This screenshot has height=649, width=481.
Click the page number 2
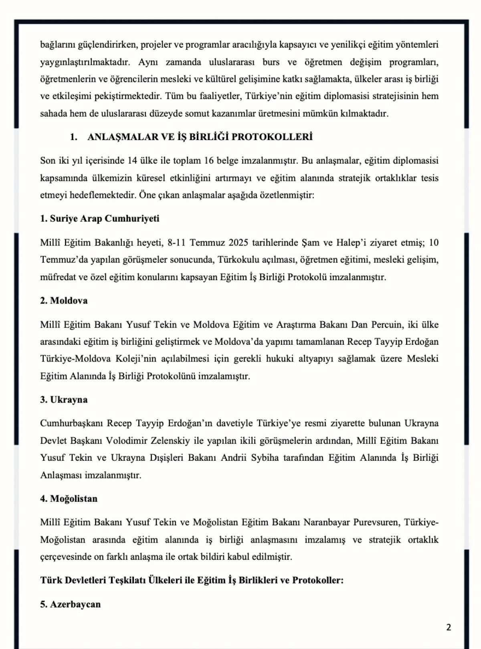[x=449, y=627]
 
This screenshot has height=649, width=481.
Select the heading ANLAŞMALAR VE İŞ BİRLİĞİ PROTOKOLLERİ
[x=200, y=137]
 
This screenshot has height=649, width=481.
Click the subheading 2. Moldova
[x=64, y=301]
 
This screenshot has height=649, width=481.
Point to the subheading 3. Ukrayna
[x=64, y=400]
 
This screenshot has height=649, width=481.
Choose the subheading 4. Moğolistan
[x=69, y=499]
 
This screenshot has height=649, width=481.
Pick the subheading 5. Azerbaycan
[x=70, y=604]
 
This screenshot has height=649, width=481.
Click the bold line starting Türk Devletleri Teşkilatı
[x=192, y=580]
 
